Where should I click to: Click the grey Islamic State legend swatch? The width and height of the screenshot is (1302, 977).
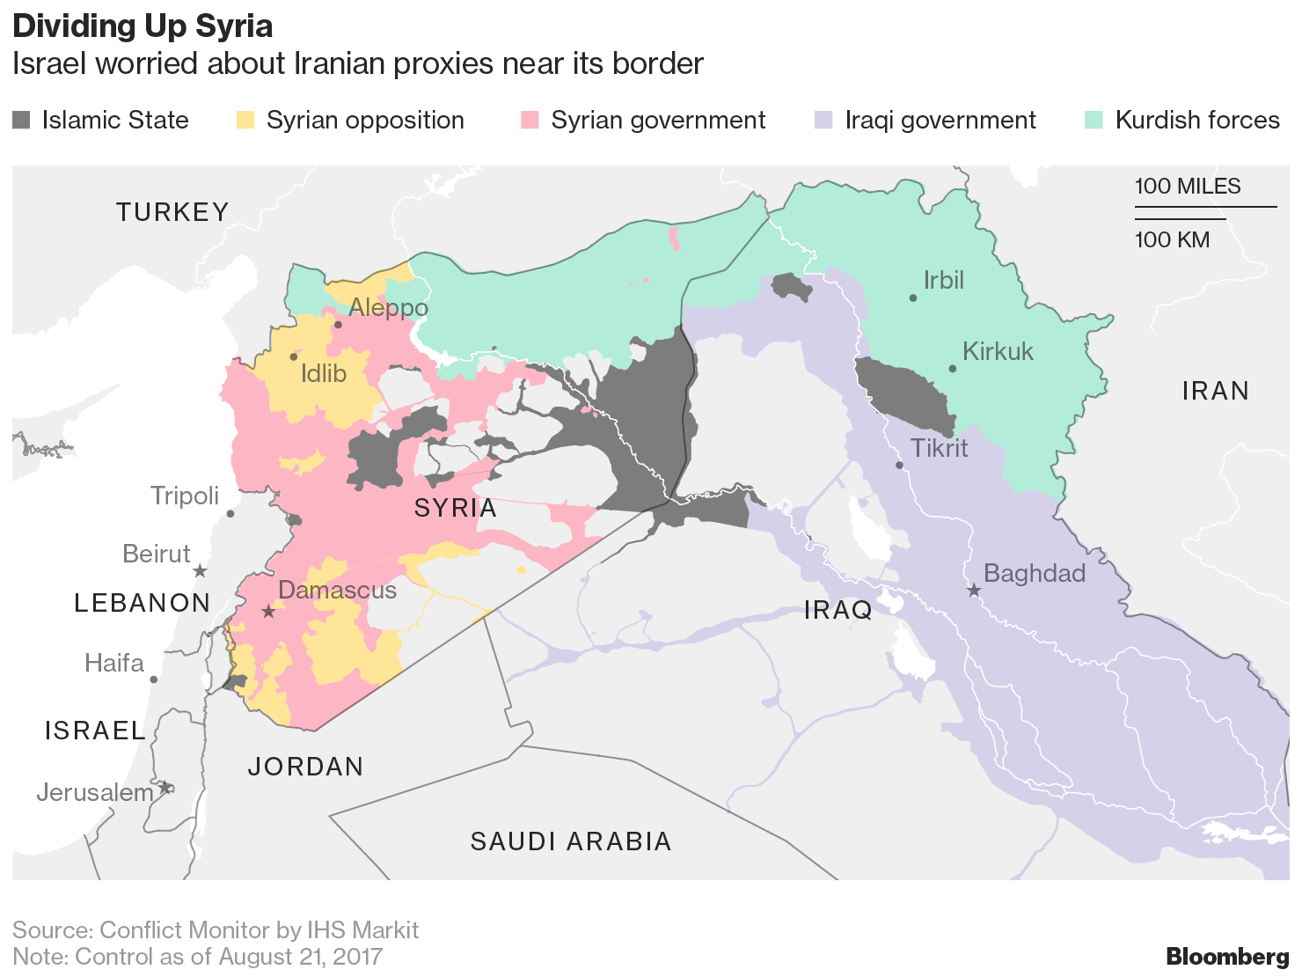tap(21, 121)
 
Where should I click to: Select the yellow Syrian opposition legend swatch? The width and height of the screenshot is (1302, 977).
tap(245, 121)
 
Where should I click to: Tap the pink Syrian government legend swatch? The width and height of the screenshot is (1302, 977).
tap(530, 121)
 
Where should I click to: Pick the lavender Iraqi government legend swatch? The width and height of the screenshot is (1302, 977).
tap(823, 121)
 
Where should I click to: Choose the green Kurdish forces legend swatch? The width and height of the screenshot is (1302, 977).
tap(1094, 121)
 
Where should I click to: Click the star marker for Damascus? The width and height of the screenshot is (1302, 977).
tap(269, 612)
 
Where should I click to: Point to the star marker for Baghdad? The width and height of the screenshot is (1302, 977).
tap(974, 591)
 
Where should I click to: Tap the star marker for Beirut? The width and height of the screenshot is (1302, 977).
tap(200, 571)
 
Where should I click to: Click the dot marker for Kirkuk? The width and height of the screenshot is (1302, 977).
tap(952, 369)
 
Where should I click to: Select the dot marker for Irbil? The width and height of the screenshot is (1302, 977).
tap(913, 298)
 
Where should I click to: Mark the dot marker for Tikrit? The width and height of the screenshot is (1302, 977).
tap(899, 465)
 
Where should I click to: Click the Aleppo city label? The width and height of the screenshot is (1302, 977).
tap(388, 308)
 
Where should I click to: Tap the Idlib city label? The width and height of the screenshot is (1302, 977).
tap(324, 374)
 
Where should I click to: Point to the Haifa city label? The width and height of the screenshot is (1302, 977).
tap(114, 663)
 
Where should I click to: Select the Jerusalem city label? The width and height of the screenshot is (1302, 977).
tap(95, 792)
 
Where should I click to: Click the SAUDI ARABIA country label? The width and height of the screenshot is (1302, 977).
tap(571, 841)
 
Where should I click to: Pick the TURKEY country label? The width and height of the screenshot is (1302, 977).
tap(173, 212)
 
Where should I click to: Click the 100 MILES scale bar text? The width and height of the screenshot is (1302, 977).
tap(1188, 187)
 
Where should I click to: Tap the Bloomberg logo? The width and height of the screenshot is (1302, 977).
tap(1227, 956)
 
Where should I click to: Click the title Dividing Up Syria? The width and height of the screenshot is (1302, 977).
tap(143, 26)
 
